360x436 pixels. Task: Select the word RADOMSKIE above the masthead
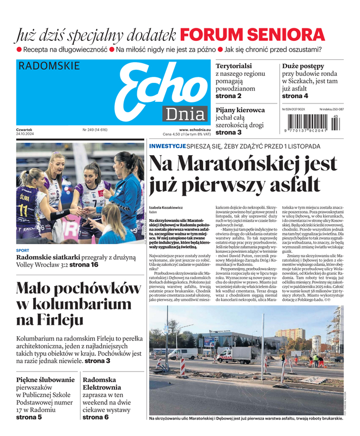pos(48,66)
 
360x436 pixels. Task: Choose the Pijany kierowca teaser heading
pos(240,110)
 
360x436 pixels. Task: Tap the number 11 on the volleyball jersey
pos(23,210)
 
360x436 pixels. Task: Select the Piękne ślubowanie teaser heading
pos(45,379)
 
